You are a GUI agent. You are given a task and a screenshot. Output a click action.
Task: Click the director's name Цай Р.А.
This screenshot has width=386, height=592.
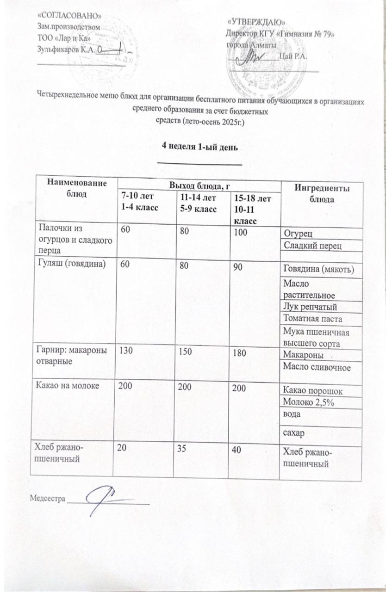coord(294,57)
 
